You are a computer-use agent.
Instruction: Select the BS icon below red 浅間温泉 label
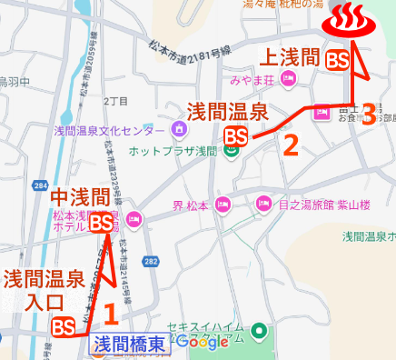click(236, 137)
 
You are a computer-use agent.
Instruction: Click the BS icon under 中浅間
click(102, 222)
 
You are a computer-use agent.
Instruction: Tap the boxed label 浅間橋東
click(129, 344)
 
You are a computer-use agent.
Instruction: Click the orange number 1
click(110, 315)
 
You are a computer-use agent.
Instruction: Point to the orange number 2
click(291, 144)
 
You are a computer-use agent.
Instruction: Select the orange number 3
click(368, 114)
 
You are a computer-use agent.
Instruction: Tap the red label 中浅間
click(82, 197)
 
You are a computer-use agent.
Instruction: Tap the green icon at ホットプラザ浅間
click(231, 151)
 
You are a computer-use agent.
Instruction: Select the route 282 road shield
click(151, 263)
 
